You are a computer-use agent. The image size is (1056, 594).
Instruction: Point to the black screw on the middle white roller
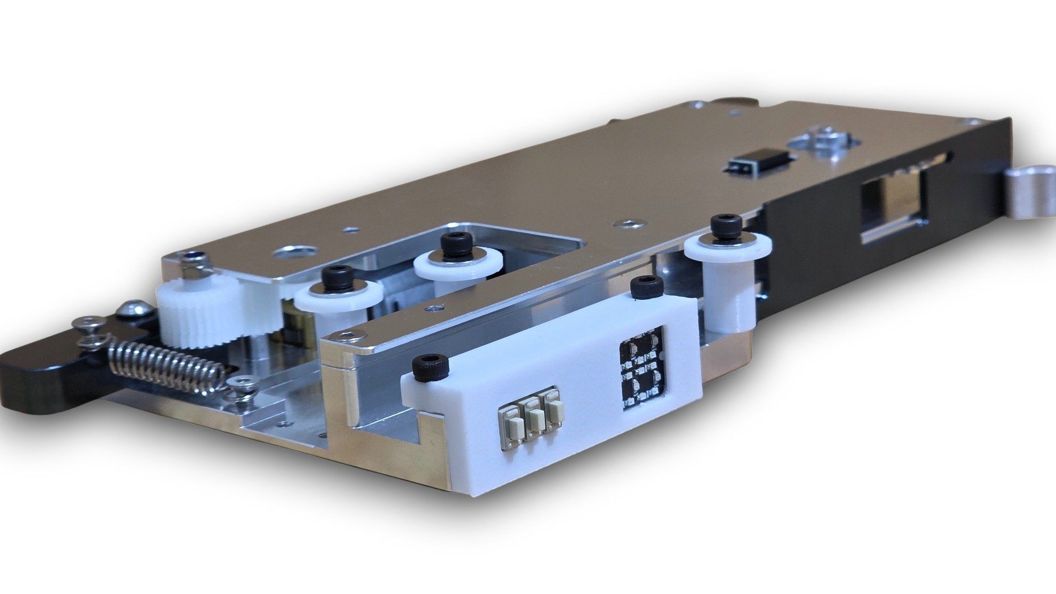coord(453,242)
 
